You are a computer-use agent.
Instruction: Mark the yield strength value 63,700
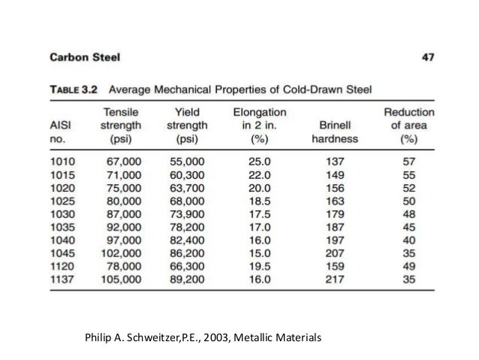[187, 189]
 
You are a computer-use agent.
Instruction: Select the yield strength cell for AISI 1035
[187, 226]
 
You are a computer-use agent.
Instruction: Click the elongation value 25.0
[258, 163]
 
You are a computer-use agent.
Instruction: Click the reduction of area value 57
[409, 163]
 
